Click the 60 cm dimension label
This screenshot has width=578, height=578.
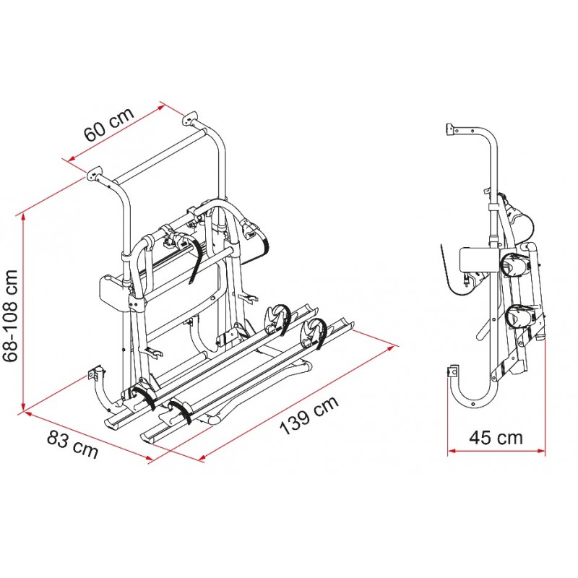tap(109, 124)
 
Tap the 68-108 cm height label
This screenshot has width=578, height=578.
tap(10, 316)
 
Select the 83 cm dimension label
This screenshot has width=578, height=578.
tap(73, 444)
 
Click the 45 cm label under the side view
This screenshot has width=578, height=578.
tap(496, 438)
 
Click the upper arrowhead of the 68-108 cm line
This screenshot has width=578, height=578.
tap(24, 217)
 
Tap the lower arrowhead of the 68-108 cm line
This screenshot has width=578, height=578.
tap(24, 405)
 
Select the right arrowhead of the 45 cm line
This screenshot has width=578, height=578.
tap(541, 450)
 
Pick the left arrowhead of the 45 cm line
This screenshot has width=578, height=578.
tap(452, 450)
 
